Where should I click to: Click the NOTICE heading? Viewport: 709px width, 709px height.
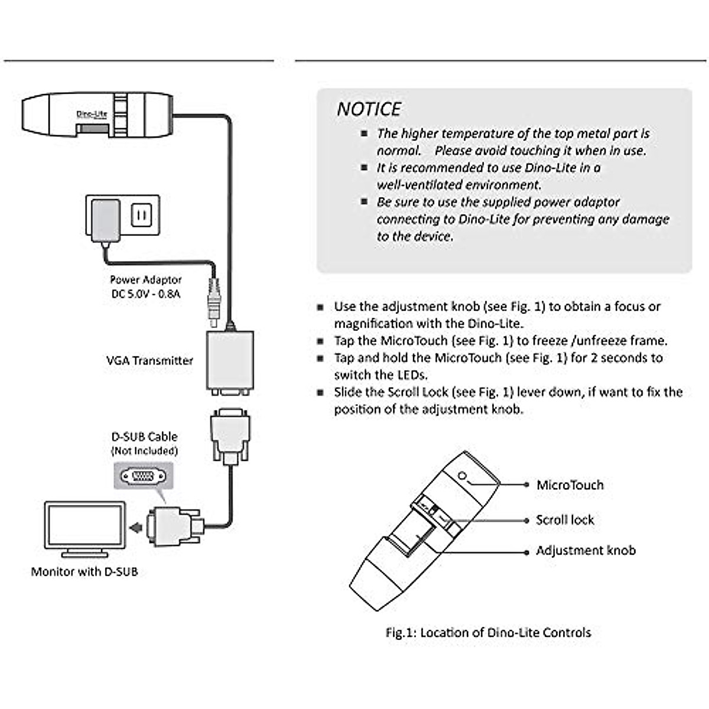click(369, 109)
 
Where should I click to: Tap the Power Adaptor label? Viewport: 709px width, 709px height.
click(146, 279)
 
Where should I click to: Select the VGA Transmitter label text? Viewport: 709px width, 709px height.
click(149, 360)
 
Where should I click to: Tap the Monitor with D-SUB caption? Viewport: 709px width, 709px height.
click(84, 571)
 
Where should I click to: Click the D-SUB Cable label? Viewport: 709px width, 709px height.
click(145, 437)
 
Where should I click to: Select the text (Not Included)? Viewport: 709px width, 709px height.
click(145, 451)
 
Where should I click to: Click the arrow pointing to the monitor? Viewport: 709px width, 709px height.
click(136, 526)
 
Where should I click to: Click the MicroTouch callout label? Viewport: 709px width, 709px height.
click(570, 485)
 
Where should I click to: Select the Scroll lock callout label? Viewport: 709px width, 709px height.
click(565, 520)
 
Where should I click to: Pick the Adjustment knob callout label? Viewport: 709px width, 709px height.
click(586, 551)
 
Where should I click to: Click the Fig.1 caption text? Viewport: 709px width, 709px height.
click(488, 632)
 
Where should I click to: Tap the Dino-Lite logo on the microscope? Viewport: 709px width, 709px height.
click(92, 115)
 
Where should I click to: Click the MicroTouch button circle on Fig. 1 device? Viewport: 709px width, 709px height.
click(463, 476)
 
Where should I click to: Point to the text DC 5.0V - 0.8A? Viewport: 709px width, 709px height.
click(146, 294)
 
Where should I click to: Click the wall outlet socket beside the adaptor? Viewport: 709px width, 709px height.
click(141, 215)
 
